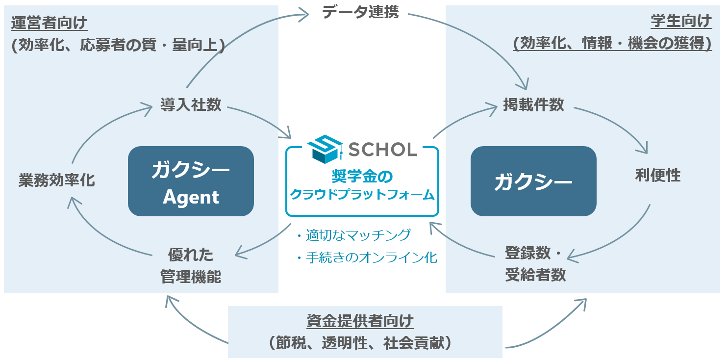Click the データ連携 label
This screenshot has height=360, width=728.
(361, 12)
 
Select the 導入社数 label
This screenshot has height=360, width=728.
(191, 104)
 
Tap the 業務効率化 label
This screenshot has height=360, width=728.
(57, 180)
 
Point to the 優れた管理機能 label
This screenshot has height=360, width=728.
(191, 265)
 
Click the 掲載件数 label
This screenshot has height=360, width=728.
(533, 104)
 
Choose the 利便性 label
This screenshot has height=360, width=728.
(657, 175)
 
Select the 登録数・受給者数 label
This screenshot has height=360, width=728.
(535, 264)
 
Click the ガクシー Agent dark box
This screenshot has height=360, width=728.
(191, 181)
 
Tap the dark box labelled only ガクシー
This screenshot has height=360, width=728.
(533, 181)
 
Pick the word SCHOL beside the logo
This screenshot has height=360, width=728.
(382, 149)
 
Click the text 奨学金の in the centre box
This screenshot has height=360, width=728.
(362, 177)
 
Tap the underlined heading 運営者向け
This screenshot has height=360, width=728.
(49, 22)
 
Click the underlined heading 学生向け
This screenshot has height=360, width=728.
(681, 22)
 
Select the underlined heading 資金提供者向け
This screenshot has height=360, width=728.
(360, 321)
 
